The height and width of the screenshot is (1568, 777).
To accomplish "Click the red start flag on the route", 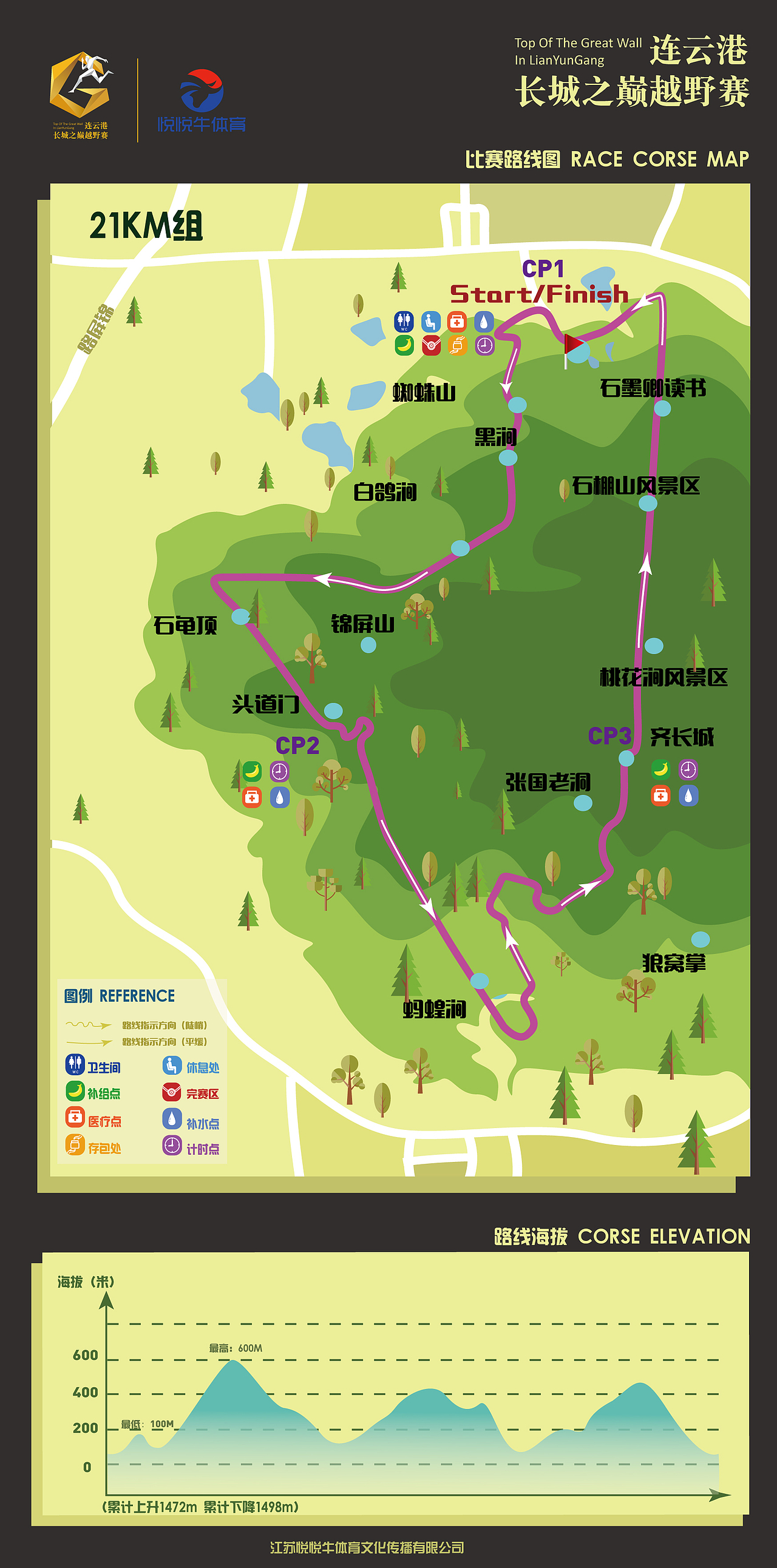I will tap(572, 345).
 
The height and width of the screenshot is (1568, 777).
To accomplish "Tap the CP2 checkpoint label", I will tap(297, 746).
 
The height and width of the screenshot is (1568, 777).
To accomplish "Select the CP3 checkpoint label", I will tap(609, 736).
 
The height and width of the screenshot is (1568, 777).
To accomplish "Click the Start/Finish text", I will tap(539, 295).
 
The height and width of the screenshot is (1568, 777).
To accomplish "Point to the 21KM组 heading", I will tap(146, 226).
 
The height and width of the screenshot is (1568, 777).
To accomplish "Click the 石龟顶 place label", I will tap(185, 625).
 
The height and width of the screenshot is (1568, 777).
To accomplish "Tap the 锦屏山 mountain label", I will tap(362, 624).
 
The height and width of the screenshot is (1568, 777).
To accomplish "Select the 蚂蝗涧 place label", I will tap(434, 1009).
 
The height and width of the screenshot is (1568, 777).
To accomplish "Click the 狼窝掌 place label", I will tap(673, 963).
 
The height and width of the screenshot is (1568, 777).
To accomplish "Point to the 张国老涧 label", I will tap(548, 782).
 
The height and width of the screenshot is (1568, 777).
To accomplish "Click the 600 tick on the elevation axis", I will tap(85, 1356).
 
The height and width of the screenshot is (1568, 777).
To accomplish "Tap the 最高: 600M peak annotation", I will tap(236, 1348).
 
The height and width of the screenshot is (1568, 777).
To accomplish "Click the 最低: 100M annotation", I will tap(148, 1424).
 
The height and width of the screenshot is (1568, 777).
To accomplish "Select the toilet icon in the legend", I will tap(75, 1064).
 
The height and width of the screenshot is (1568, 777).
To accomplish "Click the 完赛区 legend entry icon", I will tap(172, 1092).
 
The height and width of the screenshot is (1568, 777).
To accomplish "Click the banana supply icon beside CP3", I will tap(660, 769).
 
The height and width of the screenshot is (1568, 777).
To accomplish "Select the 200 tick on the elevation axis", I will tap(85, 1428).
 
